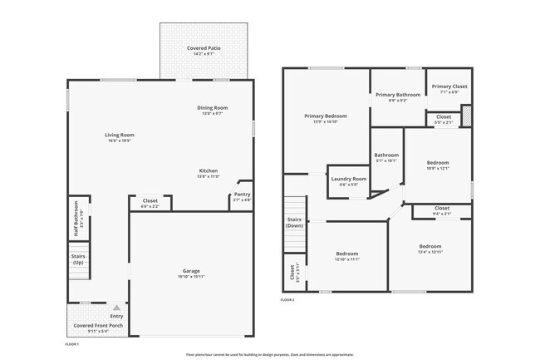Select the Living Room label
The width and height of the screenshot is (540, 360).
(x=120, y=135)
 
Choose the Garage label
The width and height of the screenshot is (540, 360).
(x=191, y=271)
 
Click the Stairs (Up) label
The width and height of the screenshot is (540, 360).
(x=78, y=259)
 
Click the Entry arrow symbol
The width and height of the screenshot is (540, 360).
(x=116, y=308)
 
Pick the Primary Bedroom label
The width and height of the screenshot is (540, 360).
(x=326, y=116)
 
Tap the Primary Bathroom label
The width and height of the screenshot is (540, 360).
(x=397, y=95)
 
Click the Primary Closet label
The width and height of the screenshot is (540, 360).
(x=449, y=86)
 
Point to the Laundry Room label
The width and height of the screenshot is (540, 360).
(x=348, y=179)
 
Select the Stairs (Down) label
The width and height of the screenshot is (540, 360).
(x=294, y=222)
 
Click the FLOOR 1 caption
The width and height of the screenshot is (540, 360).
(x=71, y=343)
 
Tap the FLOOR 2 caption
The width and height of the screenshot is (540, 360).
(x=287, y=299)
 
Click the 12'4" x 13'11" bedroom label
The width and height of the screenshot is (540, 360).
(x=430, y=247)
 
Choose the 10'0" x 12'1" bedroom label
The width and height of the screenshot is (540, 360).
(x=438, y=163)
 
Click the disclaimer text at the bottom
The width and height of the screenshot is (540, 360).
(x=270, y=354)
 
